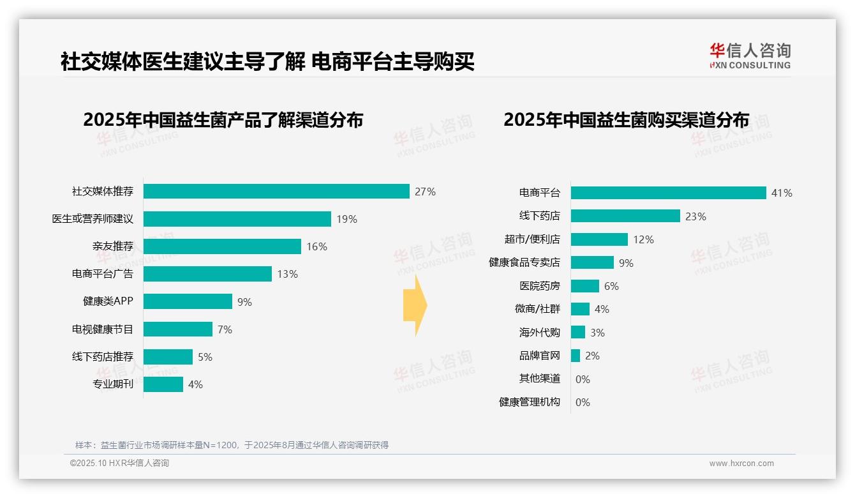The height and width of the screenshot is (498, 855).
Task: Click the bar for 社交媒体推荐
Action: coord(276,192)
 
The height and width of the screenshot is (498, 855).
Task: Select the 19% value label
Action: coord(346,219)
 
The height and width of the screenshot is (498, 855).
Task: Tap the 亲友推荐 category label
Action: coord(112,246)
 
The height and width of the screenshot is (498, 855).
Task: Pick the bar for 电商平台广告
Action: coord(207,274)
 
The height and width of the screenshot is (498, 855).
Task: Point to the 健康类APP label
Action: coord(108,301)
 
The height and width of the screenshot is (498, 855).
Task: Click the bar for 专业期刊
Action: coord(163,384)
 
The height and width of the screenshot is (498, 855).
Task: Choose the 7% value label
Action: coord(225,329)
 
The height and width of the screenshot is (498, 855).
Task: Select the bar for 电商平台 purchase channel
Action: coord(668,193)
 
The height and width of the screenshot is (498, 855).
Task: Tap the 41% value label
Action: coord(782,193)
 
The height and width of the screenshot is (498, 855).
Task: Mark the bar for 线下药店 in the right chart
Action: coord(625,216)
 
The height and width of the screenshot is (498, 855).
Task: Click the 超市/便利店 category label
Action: coord(532,239)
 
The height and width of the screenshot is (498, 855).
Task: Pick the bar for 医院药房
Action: coord(585,286)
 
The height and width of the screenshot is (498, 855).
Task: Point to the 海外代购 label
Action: coord(539,333)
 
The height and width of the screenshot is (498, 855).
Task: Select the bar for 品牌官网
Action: coord(576,356)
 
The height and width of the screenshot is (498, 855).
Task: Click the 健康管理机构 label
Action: coord(529,402)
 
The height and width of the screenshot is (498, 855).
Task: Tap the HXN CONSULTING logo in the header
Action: coord(750,56)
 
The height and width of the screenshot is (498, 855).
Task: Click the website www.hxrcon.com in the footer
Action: coord(741,464)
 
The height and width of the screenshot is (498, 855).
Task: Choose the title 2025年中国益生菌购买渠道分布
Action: coord(626,120)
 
